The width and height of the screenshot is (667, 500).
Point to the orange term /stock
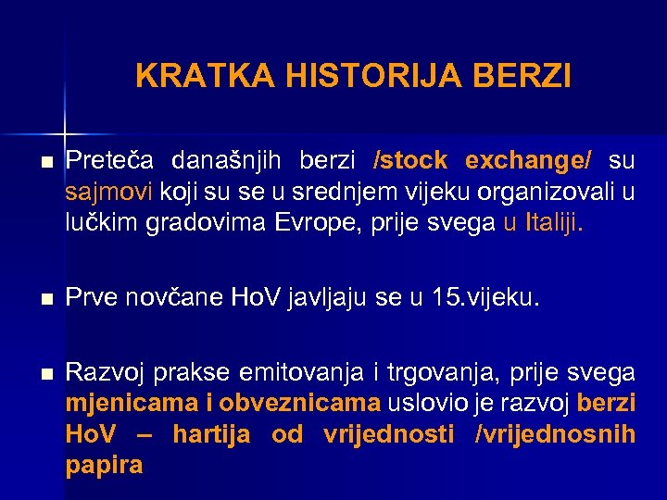tap(409, 161)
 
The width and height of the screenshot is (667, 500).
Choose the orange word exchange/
tap(527, 161)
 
